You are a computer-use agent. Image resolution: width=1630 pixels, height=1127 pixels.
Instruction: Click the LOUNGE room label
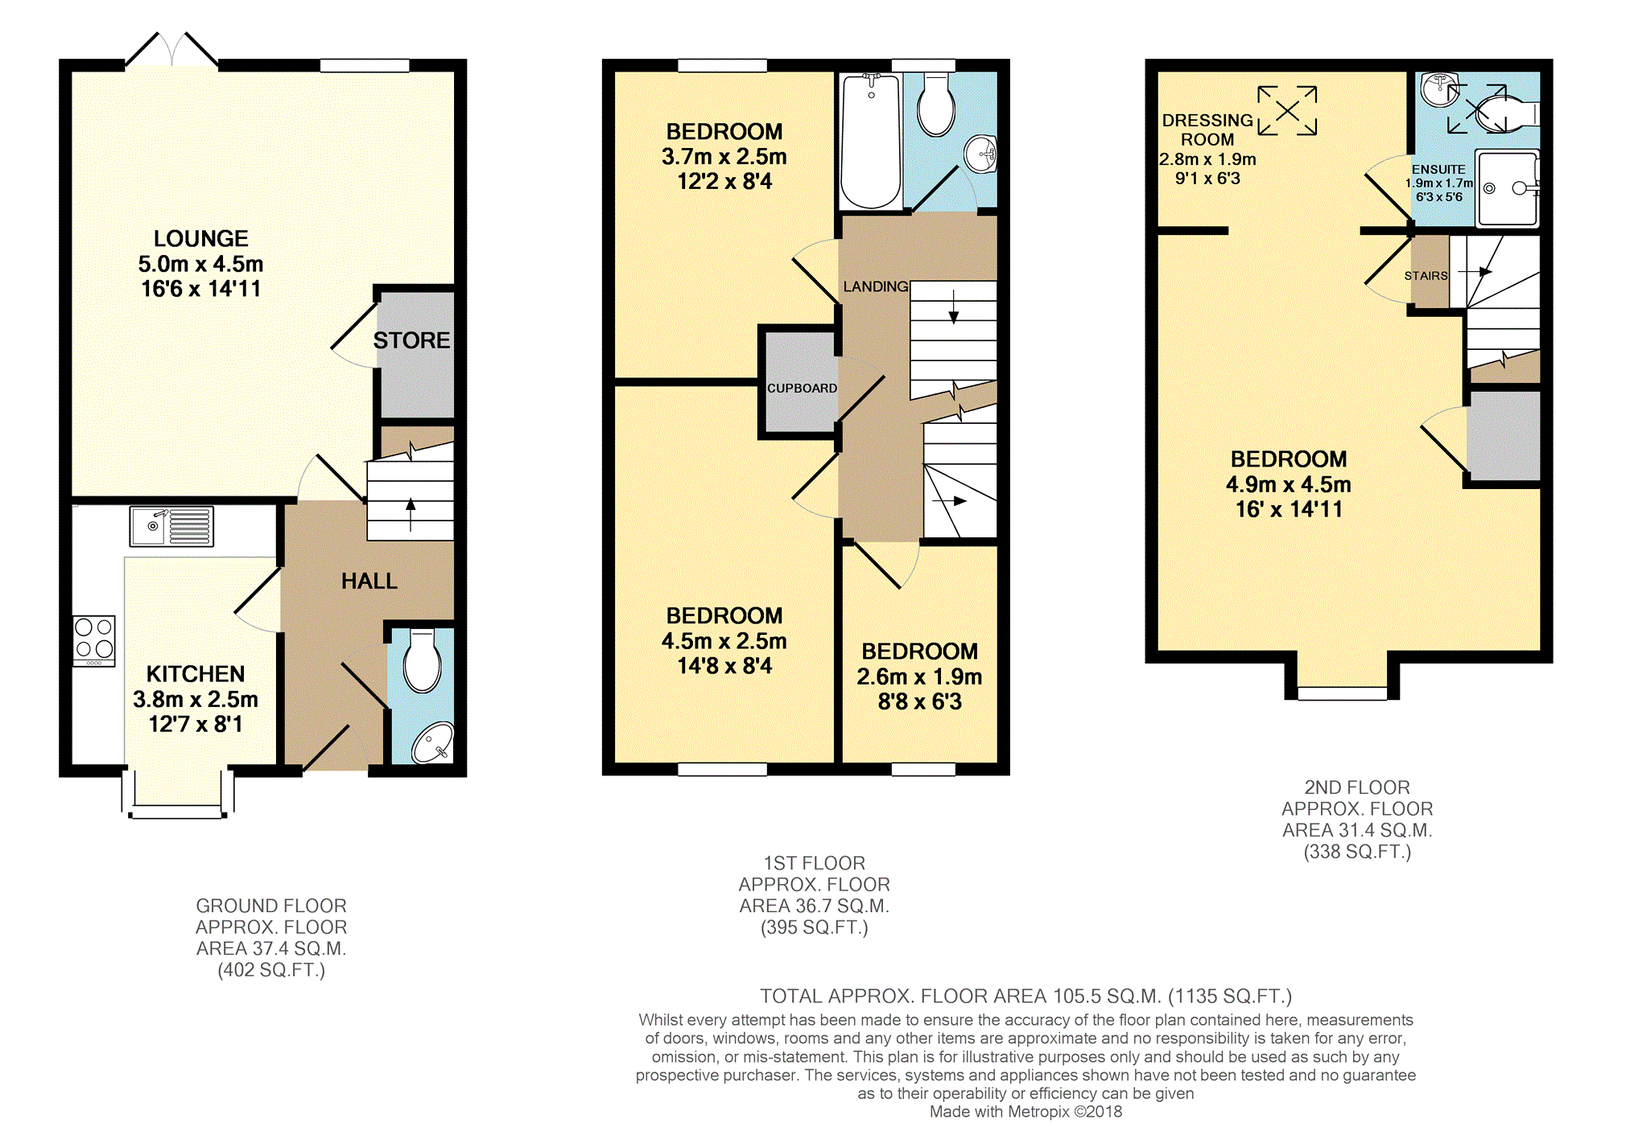pos(201,239)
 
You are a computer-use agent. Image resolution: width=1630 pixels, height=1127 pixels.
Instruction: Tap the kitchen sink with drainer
pos(171,526)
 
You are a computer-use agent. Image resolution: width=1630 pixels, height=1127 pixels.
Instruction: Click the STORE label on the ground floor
pos(411,340)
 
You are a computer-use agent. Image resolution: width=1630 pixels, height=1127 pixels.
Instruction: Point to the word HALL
pos(369,581)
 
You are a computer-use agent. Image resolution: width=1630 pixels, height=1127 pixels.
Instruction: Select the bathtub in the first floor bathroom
pos(870,142)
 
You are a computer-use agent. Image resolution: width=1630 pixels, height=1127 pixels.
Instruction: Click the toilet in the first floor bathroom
pos(936,105)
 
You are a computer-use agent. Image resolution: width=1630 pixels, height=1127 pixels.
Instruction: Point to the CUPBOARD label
pos(802,388)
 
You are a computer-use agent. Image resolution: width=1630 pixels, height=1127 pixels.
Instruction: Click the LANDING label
pos(876,286)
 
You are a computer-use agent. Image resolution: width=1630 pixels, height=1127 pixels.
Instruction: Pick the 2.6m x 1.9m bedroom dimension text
pos(919,677)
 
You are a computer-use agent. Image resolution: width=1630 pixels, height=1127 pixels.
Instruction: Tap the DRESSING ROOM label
pos(1207,130)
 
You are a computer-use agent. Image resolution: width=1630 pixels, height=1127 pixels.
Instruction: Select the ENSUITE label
pos(1438,170)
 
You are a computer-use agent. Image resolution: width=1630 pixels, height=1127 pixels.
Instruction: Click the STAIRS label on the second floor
pos(1426,275)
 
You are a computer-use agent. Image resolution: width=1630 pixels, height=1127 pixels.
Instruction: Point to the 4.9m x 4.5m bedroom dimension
pos(1289,484)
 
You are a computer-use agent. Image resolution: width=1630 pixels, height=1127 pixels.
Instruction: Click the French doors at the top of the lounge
pos(171,49)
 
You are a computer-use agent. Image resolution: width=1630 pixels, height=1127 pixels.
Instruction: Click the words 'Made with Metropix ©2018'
pos(1025,1112)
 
